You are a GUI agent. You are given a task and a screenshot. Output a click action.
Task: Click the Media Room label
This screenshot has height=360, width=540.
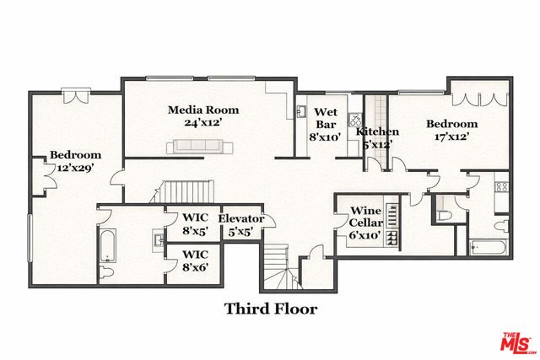click(202, 116)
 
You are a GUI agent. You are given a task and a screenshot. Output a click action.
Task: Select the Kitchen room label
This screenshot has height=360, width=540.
click(377, 138)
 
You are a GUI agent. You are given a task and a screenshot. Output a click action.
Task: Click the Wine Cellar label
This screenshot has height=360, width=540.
click(366, 222)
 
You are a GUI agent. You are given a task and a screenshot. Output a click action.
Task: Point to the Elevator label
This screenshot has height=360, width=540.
click(241, 225)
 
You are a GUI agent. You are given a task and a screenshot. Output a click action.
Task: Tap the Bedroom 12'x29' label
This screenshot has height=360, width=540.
click(75, 161)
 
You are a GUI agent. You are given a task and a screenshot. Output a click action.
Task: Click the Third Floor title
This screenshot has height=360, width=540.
click(270, 309)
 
